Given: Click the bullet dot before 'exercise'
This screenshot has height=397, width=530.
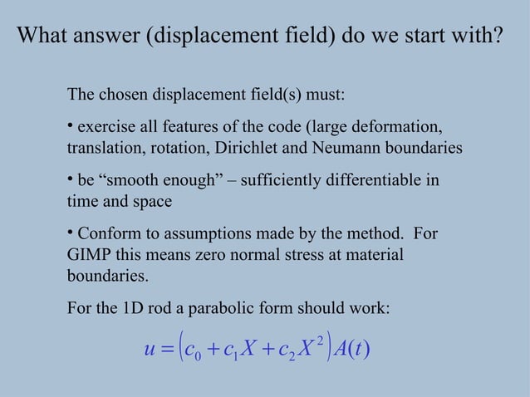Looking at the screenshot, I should coord(70,125).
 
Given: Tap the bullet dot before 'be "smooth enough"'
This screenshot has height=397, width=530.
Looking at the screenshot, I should coord(70,179).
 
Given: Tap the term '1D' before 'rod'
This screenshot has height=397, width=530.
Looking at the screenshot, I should coord(134,309).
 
